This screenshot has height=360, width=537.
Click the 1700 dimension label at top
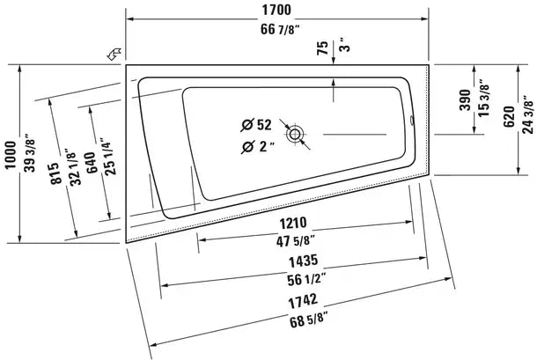276,10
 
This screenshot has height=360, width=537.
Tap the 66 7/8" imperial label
280,29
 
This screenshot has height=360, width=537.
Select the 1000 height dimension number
11,155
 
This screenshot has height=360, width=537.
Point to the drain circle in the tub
295,134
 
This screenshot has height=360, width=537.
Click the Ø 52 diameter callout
256,125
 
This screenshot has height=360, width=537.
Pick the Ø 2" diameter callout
257,147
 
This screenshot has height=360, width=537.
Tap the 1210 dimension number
293,224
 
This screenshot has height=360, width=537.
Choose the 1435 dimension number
303,261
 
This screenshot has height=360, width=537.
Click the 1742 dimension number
303,301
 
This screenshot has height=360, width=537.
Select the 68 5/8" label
308,321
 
